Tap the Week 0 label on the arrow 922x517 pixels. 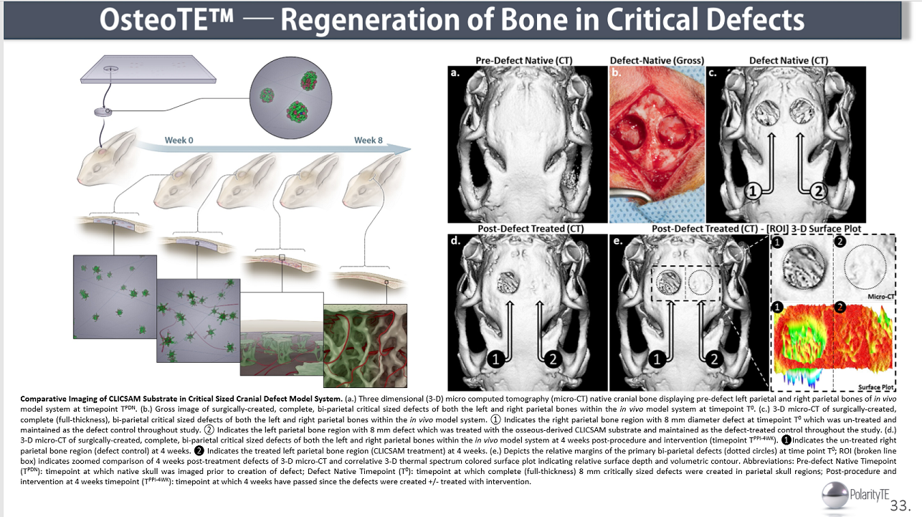179,140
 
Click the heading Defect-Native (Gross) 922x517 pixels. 656,60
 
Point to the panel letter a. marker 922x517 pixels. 455,73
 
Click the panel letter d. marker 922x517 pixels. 455,240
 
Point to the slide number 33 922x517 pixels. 900,505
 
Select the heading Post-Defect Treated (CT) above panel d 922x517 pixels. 531,229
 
